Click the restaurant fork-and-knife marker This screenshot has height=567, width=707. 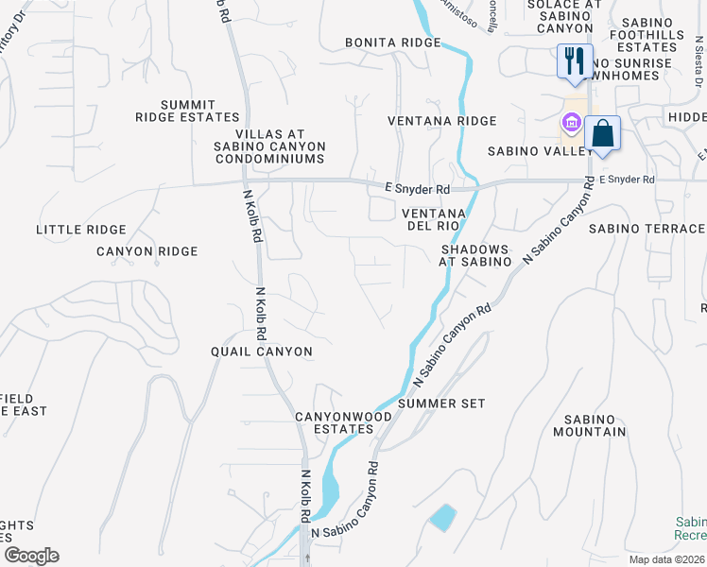574,62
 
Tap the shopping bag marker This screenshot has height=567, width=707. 602,133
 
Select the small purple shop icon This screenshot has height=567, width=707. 570,123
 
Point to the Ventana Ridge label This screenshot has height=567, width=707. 441,121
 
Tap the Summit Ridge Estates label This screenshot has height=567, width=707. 187,111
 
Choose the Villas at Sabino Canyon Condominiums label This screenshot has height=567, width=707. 269,146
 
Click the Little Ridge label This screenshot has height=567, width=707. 80,230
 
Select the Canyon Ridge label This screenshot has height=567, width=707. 147,251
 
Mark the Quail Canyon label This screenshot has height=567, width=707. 261,352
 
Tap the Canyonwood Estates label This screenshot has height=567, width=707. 336,422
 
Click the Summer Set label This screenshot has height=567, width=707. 441,404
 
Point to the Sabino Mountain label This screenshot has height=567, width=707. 595,425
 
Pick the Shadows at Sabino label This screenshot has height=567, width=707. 475,255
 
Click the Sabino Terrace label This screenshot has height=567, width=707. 647,229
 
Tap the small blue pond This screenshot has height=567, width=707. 441,517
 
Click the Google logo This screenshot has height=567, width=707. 31,556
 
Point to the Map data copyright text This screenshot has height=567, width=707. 667,559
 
